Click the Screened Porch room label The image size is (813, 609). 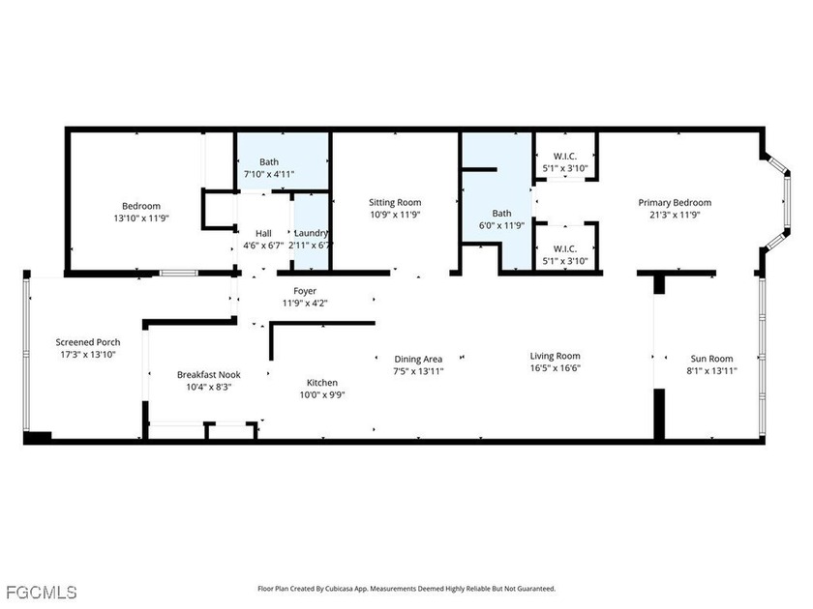[88, 342]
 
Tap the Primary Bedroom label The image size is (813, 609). [675, 202]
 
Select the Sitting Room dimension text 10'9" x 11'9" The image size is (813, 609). [395, 215]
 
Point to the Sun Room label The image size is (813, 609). [711, 359]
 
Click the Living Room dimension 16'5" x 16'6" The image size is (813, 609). [555, 368]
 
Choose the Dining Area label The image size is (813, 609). [418, 359]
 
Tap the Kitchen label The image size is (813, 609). [322, 383]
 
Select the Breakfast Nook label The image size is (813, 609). [208, 374]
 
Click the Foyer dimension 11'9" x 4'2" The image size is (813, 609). [305, 304]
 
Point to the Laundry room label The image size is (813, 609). [311, 233]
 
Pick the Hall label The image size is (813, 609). [263, 234]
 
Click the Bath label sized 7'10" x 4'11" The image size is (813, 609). [269, 162]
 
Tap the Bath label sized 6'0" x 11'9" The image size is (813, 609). [501, 213]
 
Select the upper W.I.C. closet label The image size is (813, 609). [565, 156]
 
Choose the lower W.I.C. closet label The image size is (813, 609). [565, 248]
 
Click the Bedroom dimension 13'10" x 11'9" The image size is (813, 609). [141, 218]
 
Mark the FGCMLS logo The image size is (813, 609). [42, 592]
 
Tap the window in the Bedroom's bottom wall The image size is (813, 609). [179, 273]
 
